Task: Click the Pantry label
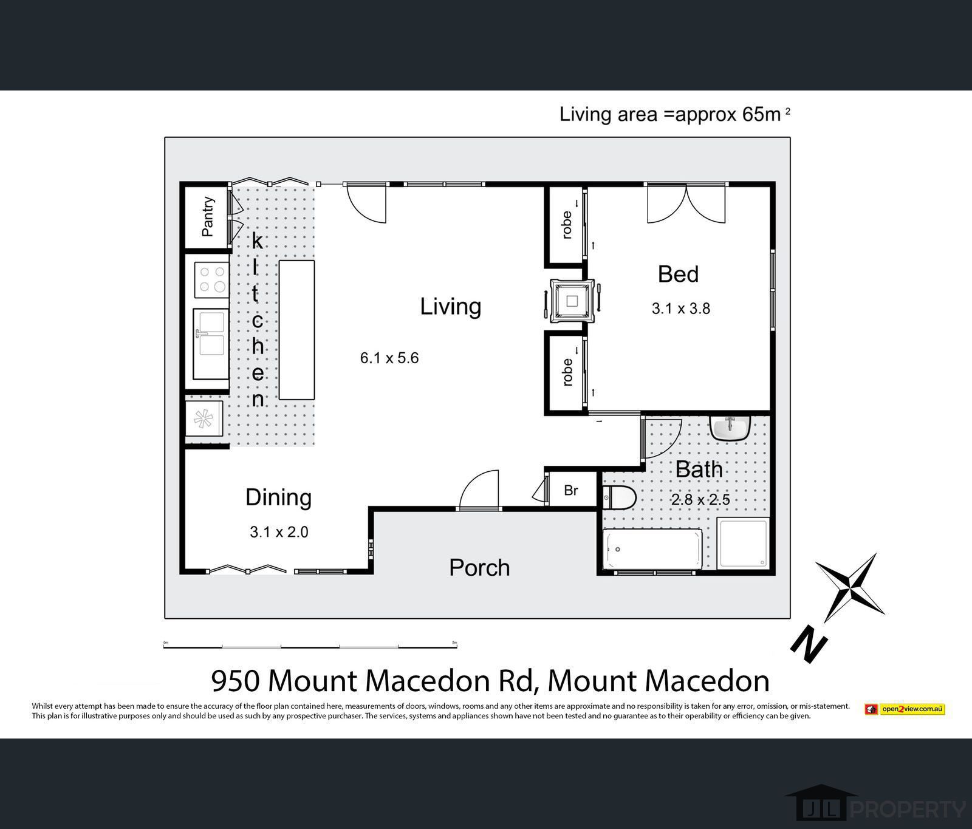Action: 208,216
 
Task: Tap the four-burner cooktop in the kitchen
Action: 211,280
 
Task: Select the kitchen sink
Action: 210,343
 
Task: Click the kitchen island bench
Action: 296,330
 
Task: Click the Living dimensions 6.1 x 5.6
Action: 389,358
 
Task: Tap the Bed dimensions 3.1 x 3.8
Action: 680,309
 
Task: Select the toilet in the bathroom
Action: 620,498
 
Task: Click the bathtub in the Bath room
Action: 652,549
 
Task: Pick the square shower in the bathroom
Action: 742,543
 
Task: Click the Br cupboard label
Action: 570,490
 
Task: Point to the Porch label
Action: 479,567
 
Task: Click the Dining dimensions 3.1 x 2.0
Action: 279,532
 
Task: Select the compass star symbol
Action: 850,587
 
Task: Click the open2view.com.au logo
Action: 905,709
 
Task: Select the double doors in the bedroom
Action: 686,203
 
